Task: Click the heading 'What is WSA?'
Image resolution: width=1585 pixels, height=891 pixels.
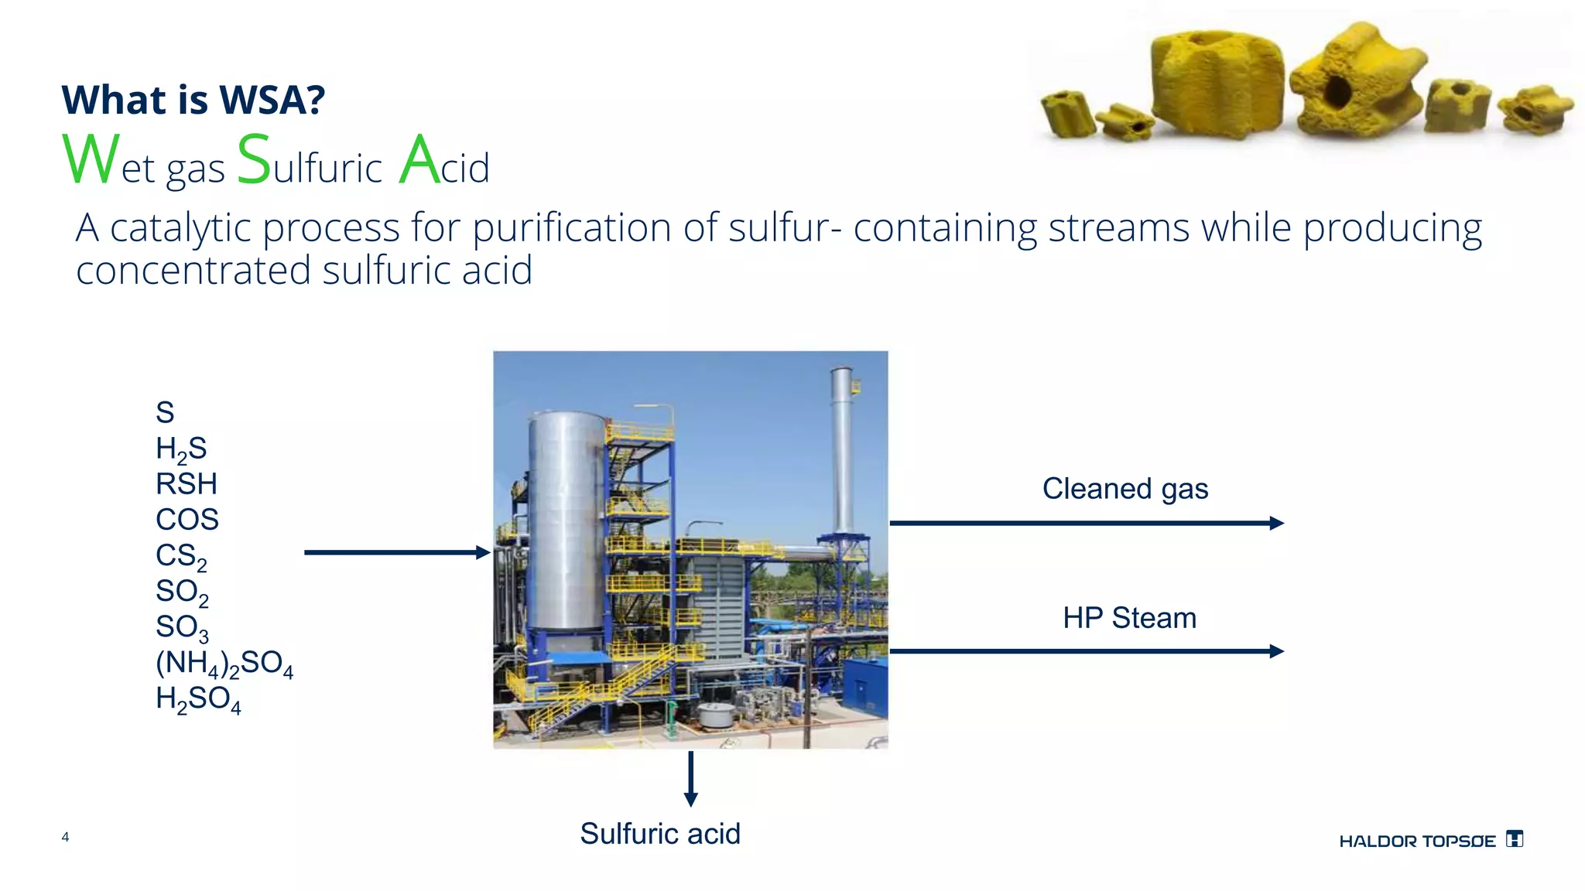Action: click(193, 100)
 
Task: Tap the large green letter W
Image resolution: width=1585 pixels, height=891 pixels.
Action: click(91, 159)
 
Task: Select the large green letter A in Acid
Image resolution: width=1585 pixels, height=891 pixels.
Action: click(419, 159)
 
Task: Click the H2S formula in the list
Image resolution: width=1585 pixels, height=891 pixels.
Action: click(181, 449)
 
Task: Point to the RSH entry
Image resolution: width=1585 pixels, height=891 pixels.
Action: click(187, 484)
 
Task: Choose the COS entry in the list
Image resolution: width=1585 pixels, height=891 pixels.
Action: click(187, 520)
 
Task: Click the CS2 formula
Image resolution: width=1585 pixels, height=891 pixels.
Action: click(181, 556)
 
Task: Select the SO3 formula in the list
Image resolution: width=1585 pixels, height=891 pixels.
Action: click(182, 627)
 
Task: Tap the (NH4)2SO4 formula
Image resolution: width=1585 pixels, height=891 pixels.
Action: click(224, 664)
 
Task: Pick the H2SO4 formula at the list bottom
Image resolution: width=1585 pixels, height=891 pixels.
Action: click(198, 699)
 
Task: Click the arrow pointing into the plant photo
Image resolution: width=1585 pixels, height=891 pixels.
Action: click(397, 552)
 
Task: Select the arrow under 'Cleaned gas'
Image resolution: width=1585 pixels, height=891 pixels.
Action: click(1086, 524)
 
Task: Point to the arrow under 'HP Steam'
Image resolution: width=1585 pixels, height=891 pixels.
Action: click(1086, 651)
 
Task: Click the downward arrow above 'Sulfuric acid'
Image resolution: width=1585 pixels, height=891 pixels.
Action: click(691, 779)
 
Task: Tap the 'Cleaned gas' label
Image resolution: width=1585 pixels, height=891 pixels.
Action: click(1125, 489)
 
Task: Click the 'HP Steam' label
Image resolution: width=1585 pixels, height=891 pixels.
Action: click(1129, 618)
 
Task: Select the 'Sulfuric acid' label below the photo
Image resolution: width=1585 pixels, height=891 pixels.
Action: click(660, 834)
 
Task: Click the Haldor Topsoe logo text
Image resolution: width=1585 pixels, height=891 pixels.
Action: click(1417, 841)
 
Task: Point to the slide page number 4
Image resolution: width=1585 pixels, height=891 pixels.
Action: click(66, 837)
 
